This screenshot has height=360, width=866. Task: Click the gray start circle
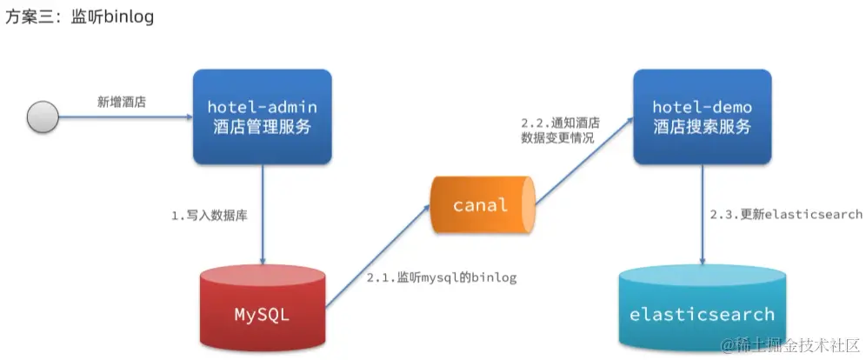[x=43, y=117]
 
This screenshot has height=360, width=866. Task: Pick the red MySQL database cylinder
[x=262, y=310]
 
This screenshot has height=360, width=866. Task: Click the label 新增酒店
[x=121, y=102]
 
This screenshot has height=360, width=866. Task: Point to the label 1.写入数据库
[x=209, y=215]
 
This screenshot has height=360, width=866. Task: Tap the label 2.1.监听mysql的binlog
[x=442, y=278]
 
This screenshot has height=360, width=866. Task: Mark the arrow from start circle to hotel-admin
[x=122, y=117]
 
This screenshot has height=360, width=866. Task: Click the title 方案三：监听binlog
[x=79, y=17]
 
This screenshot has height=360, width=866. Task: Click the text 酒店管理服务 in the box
[x=262, y=127]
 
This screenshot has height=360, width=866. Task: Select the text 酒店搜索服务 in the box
[x=701, y=127]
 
